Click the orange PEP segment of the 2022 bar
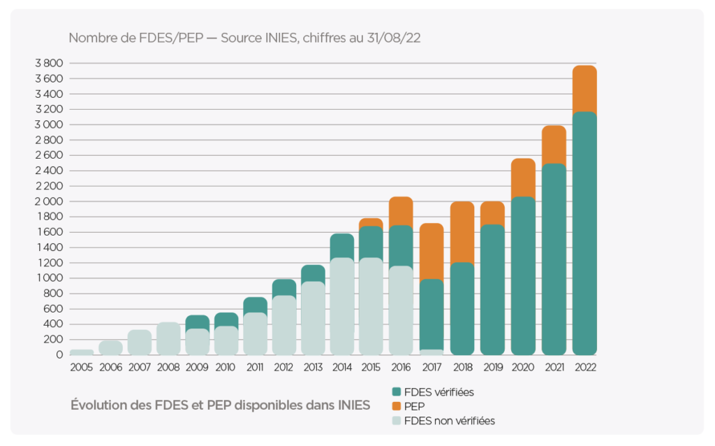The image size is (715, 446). click(584, 88)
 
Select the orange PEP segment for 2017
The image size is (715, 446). click(432, 251)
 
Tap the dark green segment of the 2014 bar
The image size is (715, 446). click(341, 245)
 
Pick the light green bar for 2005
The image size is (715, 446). click(82, 352)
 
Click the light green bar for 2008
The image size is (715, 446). click(168, 338)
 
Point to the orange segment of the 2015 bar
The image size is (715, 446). click(371, 222)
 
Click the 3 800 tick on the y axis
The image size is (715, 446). click(49, 63)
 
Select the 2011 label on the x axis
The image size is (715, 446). click(256, 367)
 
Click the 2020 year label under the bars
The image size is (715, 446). click(523, 367)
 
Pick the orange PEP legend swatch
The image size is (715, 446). click(397, 406)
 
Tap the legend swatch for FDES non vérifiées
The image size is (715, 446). click(397, 420)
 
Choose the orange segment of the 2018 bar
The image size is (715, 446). click(462, 232)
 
